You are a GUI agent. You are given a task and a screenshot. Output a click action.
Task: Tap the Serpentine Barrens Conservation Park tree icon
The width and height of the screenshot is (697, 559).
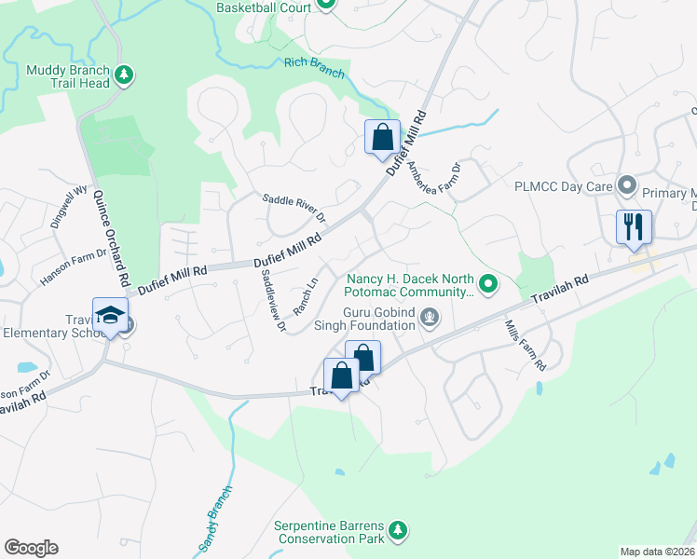pos(398,530)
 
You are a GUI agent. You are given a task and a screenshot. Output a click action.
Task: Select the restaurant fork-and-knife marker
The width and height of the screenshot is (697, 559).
pos(633,226)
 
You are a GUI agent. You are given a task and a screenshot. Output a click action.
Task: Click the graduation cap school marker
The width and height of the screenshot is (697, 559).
pos(110,315)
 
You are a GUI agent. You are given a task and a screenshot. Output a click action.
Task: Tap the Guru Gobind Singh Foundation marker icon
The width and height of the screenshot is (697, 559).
pos(429,317)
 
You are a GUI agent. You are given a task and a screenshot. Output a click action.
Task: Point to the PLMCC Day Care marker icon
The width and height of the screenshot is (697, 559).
pos(627,186)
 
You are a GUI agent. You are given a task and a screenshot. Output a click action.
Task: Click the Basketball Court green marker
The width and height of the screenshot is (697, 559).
pos(325,4)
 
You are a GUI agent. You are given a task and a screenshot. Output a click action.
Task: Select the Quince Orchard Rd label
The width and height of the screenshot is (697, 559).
pos(110,239)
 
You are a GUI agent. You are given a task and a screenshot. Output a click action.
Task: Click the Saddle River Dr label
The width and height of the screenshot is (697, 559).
pos(294,207)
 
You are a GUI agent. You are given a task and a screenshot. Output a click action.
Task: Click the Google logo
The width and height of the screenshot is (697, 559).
pos(31,548)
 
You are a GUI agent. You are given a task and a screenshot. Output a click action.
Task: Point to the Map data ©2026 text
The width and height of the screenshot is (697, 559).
pos(656,552)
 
